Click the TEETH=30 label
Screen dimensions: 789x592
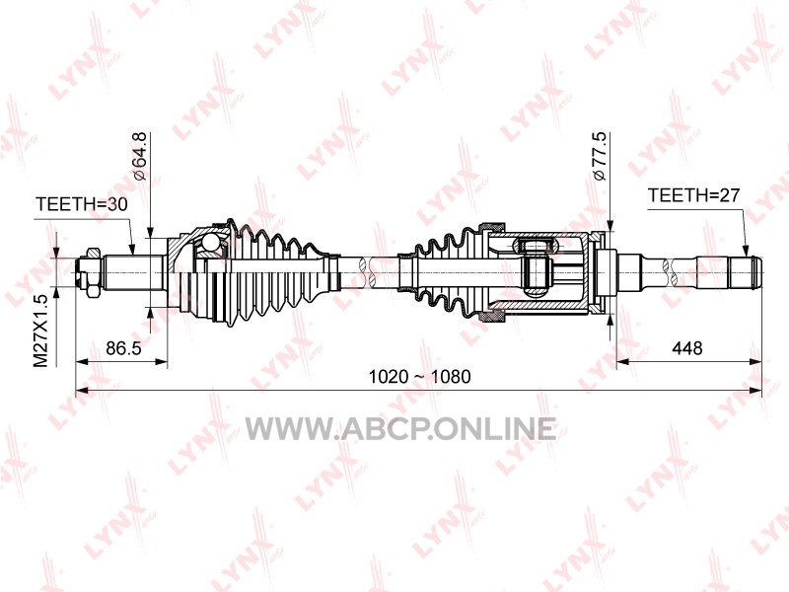(x=82, y=204)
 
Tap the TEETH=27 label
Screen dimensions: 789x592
(x=693, y=194)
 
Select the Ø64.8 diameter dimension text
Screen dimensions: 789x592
(x=139, y=156)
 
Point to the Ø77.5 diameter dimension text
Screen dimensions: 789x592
(x=600, y=156)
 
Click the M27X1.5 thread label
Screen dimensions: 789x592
(x=40, y=331)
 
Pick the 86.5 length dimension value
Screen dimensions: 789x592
(x=124, y=348)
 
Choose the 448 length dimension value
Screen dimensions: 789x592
(x=686, y=348)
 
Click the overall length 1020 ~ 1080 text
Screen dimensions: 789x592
(x=420, y=377)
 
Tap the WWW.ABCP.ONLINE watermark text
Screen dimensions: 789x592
(x=400, y=429)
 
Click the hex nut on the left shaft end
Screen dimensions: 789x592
(x=93, y=272)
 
